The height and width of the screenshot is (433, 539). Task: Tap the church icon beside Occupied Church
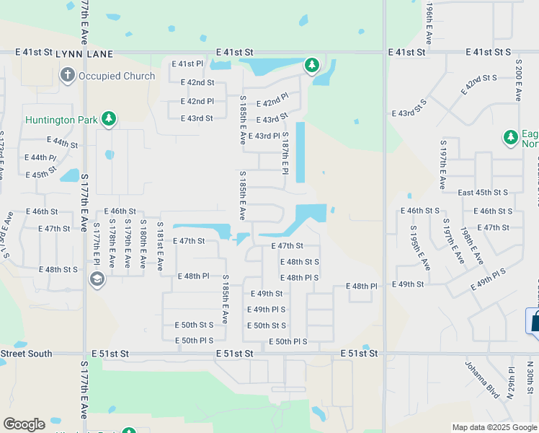tap(68, 75)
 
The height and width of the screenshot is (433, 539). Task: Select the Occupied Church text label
tap(117, 76)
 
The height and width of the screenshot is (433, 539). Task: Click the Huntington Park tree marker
tap(109, 119)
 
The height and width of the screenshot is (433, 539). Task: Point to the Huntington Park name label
tap(60, 120)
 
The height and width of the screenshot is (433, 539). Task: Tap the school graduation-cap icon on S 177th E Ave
tap(96, 279)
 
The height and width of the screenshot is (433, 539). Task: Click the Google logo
tap(24, 424)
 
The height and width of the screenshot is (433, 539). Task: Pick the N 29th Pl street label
tap(512, 379)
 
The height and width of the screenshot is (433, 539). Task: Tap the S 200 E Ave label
tap(518, 81)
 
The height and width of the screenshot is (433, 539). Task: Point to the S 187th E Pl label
tap(285, 154)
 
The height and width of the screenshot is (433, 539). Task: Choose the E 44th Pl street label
tap(40, 157)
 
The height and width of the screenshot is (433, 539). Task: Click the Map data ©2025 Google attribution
tap(494, 427)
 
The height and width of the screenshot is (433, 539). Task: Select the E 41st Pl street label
tap(187, 64)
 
